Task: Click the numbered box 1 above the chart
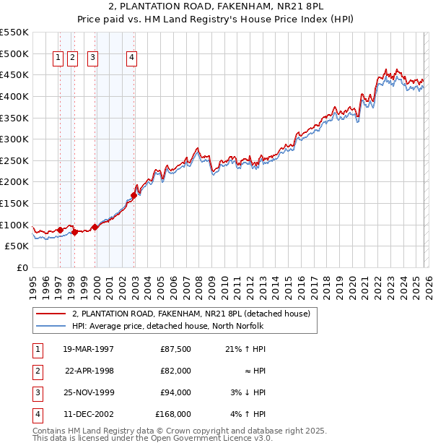point(58,60)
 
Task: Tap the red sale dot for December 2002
point(134,195)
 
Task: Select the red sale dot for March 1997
point(60,230)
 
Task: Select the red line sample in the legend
point(51,314)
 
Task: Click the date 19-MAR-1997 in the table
point(88,349)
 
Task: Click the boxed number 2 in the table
point(37,371)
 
